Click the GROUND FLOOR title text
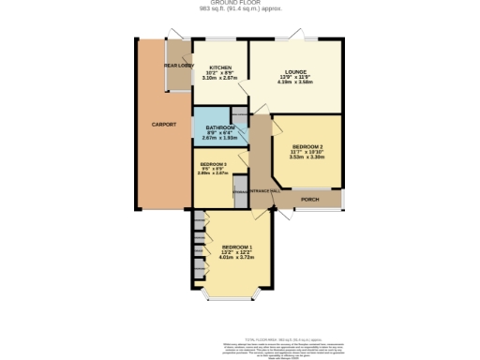coord(239,4)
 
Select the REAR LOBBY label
coord(177,66)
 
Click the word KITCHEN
coord(221,67)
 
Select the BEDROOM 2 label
coord(307,147)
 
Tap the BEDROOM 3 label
coord(212,164)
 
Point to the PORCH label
coord(308,200)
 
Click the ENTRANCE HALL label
coord(266,191)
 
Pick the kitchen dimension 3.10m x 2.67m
coord(221,79)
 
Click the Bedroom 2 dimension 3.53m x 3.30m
coord(307,158)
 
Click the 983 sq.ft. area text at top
coord(239,10)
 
